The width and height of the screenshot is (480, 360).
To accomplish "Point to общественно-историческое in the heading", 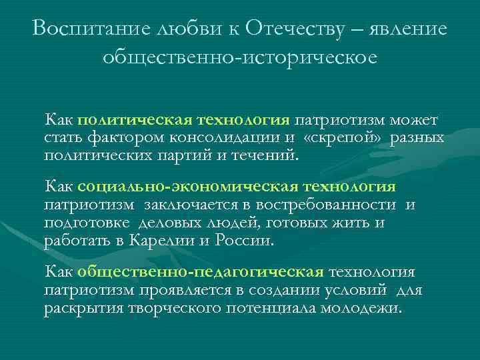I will click(240, 58).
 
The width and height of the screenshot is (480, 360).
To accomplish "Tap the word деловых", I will click(173, 223).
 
